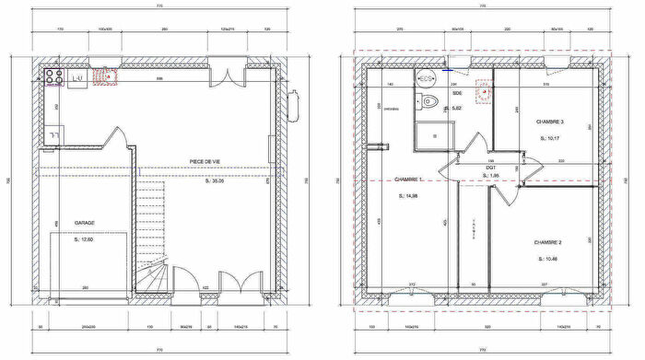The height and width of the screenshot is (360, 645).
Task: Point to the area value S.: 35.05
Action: click(x=213, y=181)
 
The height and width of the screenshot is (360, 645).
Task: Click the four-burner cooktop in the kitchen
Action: click(x=53, y=77)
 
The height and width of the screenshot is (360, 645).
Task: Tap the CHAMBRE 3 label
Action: click(x=550, y=122)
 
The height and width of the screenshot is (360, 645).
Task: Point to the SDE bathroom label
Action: click(x=457, y=92)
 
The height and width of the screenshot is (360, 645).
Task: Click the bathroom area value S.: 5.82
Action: click(x=452, y=108)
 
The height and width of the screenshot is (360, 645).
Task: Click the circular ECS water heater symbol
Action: click(x=428, y=78)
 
